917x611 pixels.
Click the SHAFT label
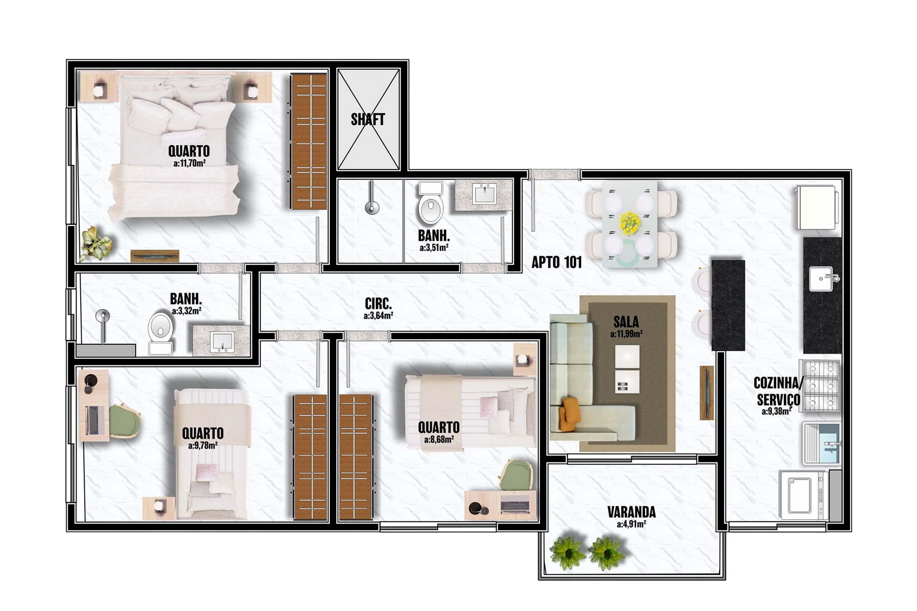click(x=368, y=119)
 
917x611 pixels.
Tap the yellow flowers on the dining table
click(x=630, y=223)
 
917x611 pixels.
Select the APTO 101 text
click(x=556, y=262)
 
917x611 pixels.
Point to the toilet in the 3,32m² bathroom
click(x=161, y=333)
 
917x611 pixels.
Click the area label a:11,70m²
click(x=190, y=163)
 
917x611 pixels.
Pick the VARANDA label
click(x=631, y=512)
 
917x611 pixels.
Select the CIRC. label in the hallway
click(x=378, y=303)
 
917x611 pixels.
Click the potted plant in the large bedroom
click(x=96, y=244)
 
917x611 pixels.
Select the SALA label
click(x=626, y=322)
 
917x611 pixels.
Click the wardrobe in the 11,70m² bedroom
click(x=308, y=141)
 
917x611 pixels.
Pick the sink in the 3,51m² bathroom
click(x=484, y=194)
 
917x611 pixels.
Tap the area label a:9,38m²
click(x=777, y=412)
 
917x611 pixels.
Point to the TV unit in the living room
click(x=707, y=393)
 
